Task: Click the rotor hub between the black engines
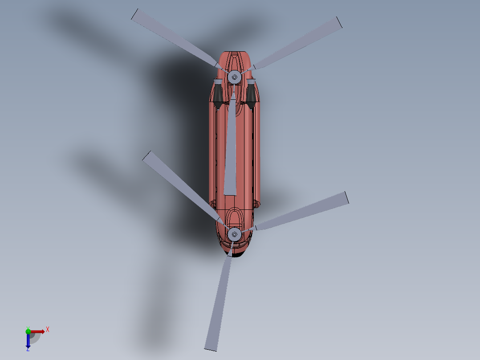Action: (234, 77)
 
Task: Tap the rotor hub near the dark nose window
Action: (234, 233)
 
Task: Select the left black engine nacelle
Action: (218, 94)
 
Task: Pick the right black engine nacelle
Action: (251, 94)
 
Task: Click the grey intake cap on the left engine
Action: (218, 82)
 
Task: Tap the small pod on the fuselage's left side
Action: (212, 204)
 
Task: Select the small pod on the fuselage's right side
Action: (256, 204)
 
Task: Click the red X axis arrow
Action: (37, 331)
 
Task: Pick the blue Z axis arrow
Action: (28, 341)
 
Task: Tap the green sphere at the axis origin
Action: (28, 331)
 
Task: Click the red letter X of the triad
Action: (47, 330)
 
